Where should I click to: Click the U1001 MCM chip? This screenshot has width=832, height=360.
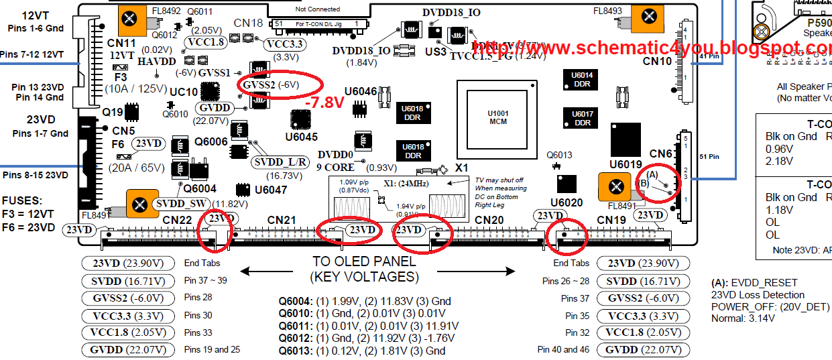498,117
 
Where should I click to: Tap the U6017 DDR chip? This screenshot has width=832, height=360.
583,119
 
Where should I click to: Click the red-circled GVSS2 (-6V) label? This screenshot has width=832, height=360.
280,85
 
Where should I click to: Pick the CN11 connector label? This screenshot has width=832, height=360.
121,43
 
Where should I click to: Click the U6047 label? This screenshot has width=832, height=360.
271,190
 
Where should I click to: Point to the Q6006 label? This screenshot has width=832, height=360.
211,141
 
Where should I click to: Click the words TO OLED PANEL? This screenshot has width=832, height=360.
364,261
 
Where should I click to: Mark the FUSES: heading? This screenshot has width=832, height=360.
23,201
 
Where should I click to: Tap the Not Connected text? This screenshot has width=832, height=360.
318,9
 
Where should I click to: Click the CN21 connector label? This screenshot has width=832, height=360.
282,220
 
